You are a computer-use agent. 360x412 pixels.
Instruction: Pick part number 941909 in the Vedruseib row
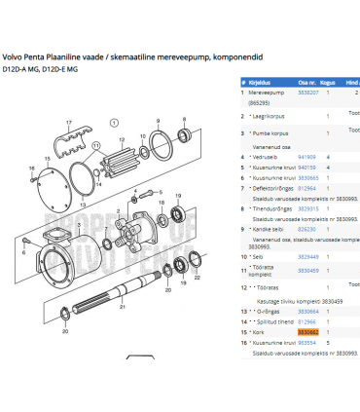click(306, 156)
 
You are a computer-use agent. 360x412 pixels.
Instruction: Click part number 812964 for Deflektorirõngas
click(306, 189)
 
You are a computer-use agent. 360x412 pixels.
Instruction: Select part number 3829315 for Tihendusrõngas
click(307, 209)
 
